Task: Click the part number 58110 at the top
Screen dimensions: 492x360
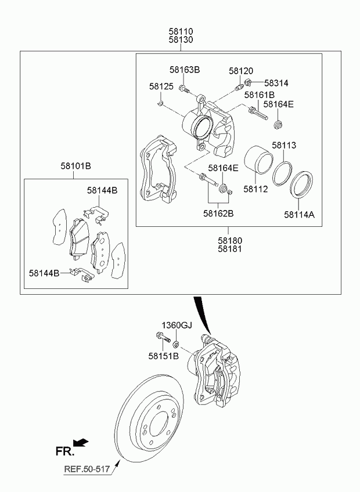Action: (181, 31)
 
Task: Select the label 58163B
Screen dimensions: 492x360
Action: (185, 70)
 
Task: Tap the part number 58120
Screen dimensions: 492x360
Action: (241, 71)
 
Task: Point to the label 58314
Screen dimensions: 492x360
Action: (276, 83)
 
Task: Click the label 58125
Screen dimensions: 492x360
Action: (161, 86)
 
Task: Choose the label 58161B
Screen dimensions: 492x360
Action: (259, 95)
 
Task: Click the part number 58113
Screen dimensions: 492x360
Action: (284, 145)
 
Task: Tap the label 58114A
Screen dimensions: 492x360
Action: (299, 215)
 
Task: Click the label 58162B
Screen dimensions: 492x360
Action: (218, 214)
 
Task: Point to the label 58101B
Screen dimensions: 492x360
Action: (75, 166)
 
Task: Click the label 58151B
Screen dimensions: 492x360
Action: (163, 356)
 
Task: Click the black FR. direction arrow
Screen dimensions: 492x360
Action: (81, 443)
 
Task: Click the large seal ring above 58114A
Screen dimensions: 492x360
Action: (303, 184)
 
